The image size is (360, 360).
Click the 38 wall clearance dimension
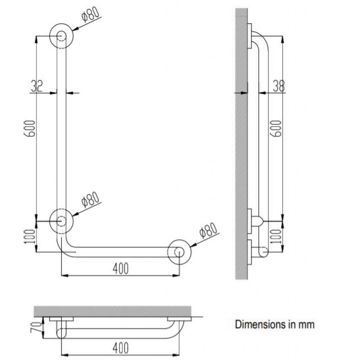click(278, 86)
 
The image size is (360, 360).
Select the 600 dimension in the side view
click(277, 129)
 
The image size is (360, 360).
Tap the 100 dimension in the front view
click(31, 236)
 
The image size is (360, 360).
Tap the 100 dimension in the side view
click(277, 236)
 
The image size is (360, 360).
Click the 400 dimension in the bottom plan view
click(121, 348)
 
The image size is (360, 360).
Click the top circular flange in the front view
click(62, 36)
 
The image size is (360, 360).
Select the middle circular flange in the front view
click(62, 221)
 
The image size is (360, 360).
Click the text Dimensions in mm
click(275, 324)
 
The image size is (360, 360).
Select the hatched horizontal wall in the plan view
click(112, 311)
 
